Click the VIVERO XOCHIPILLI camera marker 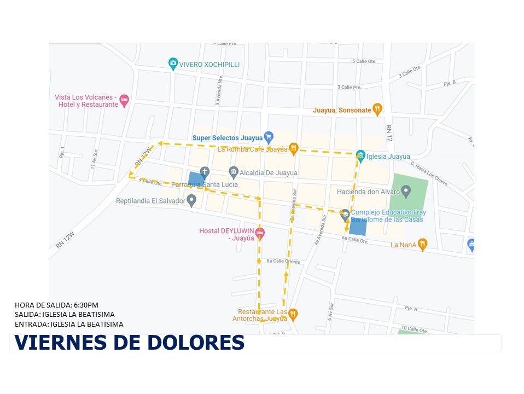(x=173, y=64)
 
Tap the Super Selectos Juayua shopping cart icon (x=268, y=137)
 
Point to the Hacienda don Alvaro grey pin (x=406, y=192)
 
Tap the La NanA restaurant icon (x=422, y=245)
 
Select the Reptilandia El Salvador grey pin (x=191, y=201)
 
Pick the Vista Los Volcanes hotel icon (x=124, y=100)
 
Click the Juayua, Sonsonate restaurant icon (x=377, y=109)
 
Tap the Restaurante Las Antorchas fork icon (x=293, y=314)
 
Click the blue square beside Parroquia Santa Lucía (x=195, y=179)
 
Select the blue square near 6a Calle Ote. (x=358, y=227)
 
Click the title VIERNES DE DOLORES (x=129, y=342)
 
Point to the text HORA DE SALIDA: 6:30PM (x=57, y=305)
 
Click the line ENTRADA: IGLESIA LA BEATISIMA (x=69, y=324)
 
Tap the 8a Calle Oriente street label (x=283, y=262)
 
